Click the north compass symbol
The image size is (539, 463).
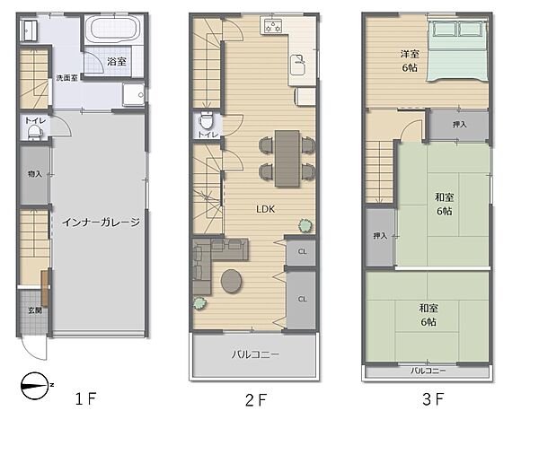[35, 386]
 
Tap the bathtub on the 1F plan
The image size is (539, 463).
[113, 29]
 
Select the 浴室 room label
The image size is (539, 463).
[117, 62]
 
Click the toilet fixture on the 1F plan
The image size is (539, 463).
[34, 133]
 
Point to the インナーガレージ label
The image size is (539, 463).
[101, 223]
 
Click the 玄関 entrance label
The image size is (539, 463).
[35, 310]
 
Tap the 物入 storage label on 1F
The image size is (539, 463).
[35, 174]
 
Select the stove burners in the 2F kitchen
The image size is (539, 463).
[273, 26]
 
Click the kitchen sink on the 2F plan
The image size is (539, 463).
[297, 65]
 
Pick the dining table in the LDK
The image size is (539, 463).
[287, 158]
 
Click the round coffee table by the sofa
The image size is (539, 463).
[232, 281]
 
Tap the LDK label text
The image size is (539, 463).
[265, 209]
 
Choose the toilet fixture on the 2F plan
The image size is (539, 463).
[207, 119]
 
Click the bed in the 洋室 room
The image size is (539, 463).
[457, 51]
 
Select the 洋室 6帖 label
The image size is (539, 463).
[410, 61]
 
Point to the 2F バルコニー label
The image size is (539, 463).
[255, 354]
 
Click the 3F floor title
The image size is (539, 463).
[433, 399]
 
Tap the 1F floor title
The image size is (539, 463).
[85, 398]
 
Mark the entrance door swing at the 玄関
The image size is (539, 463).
[33, 347]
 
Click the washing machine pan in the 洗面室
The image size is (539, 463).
[134, 94]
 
